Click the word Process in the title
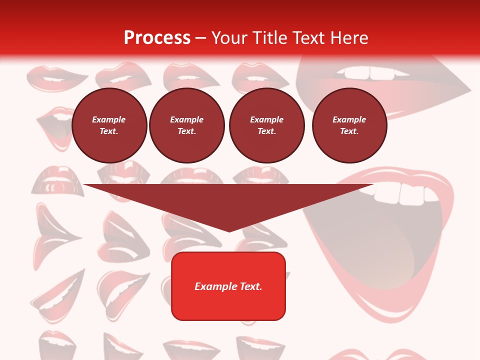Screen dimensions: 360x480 point(157,38)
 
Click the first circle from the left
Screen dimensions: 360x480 point(109,125)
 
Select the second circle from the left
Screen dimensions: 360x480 point(187,125)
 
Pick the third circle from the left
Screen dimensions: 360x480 point(266,125)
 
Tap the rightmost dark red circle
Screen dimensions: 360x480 point(349,125)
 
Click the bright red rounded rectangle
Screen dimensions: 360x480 point(228,286)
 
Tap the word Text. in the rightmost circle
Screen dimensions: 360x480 point(349,131)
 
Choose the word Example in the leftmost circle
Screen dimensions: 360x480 point(109,119)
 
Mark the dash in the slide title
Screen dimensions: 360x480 point(201,38)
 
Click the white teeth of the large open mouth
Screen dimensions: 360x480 point(405,192)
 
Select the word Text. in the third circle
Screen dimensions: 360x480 point(266,131)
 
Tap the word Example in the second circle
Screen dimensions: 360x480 point(187,119)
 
